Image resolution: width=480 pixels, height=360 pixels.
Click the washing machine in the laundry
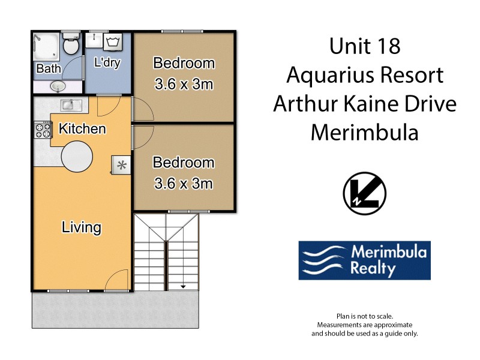[x=114, y=41]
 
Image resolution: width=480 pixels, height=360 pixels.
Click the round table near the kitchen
[x=77, y=156]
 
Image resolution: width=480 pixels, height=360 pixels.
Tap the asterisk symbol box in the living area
[x=121, y=164]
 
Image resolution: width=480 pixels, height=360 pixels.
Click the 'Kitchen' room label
[x=82, y=129]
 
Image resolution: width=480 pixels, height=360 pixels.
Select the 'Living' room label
[x=81, y=227]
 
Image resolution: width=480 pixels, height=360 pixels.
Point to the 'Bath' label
[x=48, y=69]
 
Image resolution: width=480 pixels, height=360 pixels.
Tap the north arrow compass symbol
[x=364, y=195]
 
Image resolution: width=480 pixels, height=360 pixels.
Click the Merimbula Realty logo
[x=364, y=260]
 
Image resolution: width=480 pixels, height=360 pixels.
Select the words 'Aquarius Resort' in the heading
[x=364, y=75]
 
